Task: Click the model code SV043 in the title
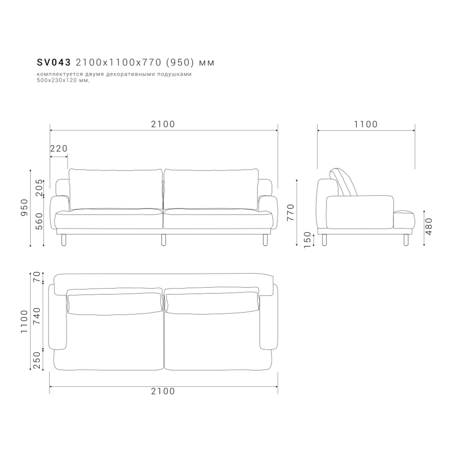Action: click(x=54, y=62)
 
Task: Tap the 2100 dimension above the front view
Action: click(x=163, y=124)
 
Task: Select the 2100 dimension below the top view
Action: click(x=163, y=391)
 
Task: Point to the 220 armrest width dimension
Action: click(x=59, y=149)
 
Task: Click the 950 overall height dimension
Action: click(x=25, y=207)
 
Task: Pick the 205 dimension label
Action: click(x=39, y=188)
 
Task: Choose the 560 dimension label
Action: click(x=39, y=221)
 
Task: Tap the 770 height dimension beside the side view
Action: click(x=291, y=212)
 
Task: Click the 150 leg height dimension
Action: click(x=307, y=240)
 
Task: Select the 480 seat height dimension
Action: click(x=429, y=226)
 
